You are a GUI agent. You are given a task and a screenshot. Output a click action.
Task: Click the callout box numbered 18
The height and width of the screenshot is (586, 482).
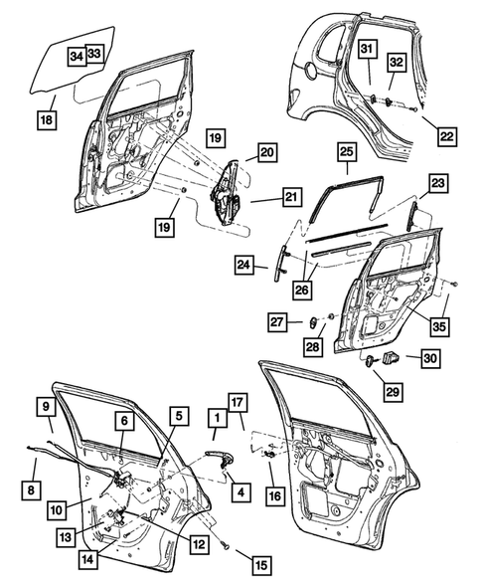(x=47, y=120)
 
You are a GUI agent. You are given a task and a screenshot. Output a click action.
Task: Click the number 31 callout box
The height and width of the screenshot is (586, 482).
(x=365, y=50)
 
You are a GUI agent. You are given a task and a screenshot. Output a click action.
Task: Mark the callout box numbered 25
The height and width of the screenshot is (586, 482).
(x=345, y=152)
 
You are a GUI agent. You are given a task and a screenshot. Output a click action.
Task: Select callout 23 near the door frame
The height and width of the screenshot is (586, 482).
(x=439, y=183)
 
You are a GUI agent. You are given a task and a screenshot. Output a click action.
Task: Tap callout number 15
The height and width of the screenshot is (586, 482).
(x=260, y=565)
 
